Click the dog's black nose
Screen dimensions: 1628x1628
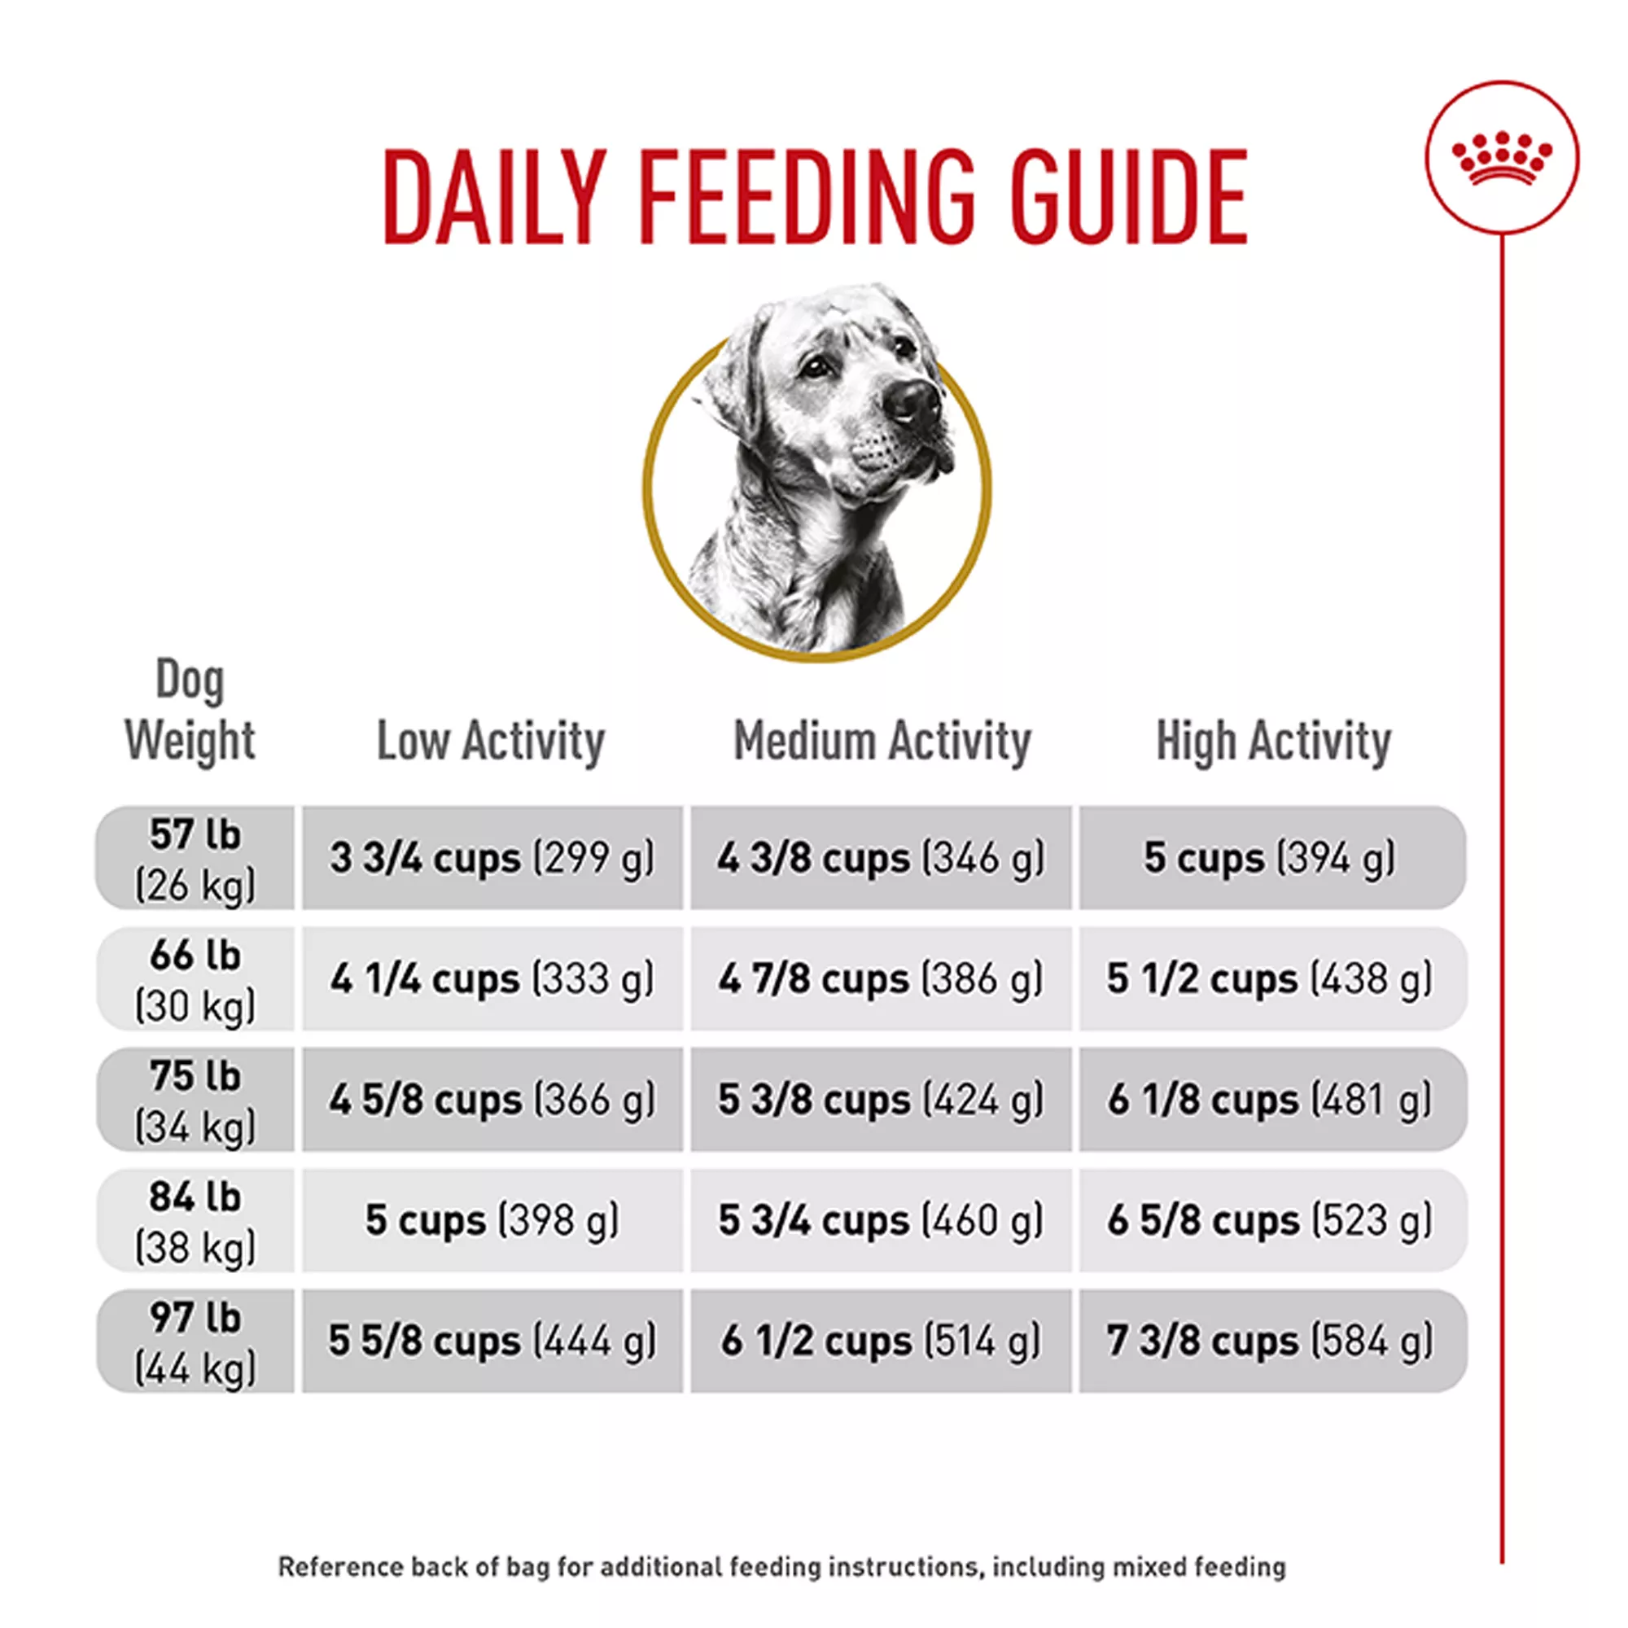click(x=912, y=401)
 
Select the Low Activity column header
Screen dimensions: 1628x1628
click(x=490, y=742)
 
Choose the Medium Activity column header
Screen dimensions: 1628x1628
click(x=882, y=742)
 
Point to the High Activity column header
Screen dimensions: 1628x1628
click(x=1272, y=742)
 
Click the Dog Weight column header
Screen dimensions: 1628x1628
click(x=190, y=711)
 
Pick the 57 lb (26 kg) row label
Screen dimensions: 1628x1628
click(x=195, y=859)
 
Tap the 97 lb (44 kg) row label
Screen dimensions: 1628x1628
click(x=195, y=1341)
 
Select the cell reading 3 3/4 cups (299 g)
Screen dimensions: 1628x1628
click(x=492, y=859)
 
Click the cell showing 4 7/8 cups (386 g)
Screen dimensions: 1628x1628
click(x=881, y=979)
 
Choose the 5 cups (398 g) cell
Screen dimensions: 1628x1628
click(x=492, y=1220)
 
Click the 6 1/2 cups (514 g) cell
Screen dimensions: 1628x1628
click(x=881, y=1341)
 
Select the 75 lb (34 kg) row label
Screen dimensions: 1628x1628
click(x=195, y=1100)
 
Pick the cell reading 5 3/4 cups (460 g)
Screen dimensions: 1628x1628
click(x=881, y=1220)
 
